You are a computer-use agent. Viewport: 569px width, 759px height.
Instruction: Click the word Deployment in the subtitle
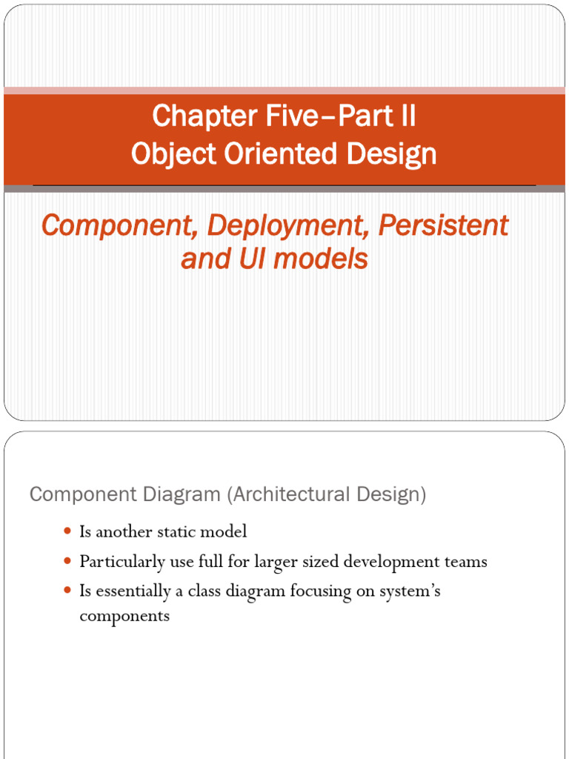[x=288, y=225]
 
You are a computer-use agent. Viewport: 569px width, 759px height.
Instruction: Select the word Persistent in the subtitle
[x=443, y=225]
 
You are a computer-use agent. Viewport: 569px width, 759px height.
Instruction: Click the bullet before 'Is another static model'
[x=67, y=531]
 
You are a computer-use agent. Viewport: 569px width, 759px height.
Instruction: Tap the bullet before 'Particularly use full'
[x=67, y=562]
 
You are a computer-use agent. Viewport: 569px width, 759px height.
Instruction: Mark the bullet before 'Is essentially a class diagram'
[x=67, y=591]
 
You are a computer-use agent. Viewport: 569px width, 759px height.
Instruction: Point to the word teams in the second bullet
[x=465, y=562]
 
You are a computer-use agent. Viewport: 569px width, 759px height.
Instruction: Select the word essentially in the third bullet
[x=132, y=591]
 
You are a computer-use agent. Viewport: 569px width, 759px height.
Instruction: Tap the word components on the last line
[x=124, y=616]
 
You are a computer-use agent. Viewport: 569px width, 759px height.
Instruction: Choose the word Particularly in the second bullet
[x=122, y=562]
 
